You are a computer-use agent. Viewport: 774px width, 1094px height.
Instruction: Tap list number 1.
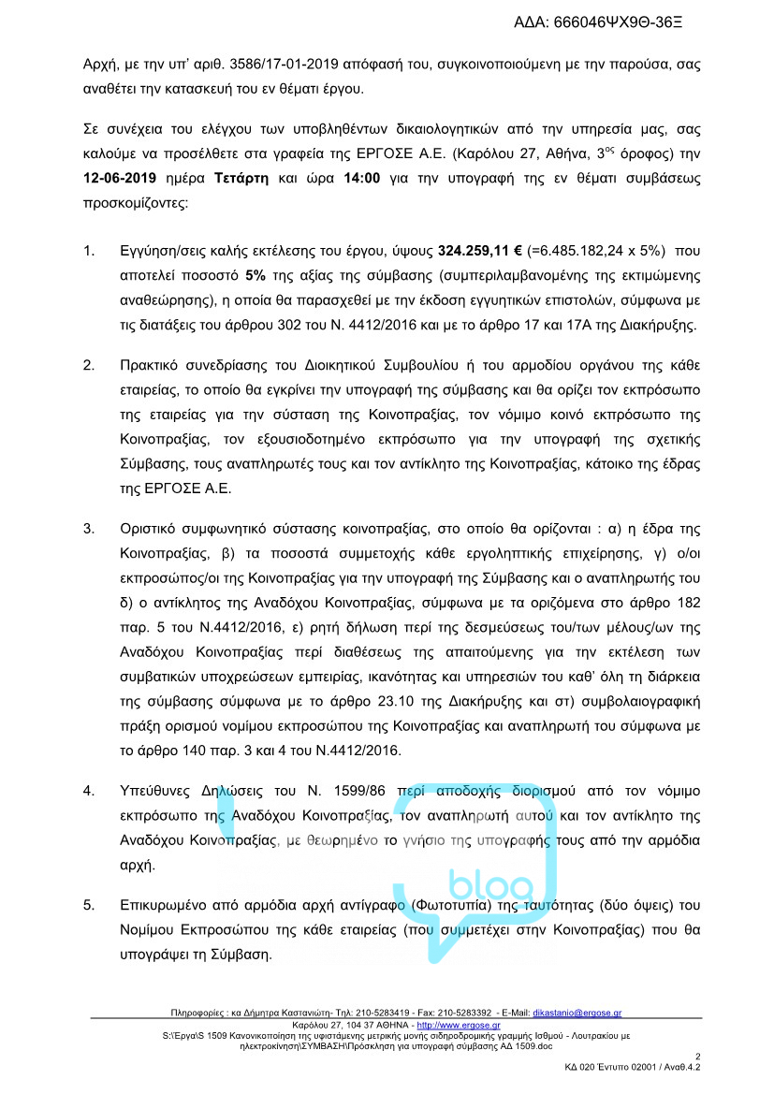(x=89, y=251)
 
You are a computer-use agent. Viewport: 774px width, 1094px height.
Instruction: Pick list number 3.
(x=89, y=529)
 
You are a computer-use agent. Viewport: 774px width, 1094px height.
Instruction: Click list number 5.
(x=89, y=905)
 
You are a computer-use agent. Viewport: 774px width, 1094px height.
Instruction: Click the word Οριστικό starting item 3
(x=151, y=529)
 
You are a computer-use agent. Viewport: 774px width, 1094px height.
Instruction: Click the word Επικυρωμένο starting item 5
(x=167, y=905)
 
